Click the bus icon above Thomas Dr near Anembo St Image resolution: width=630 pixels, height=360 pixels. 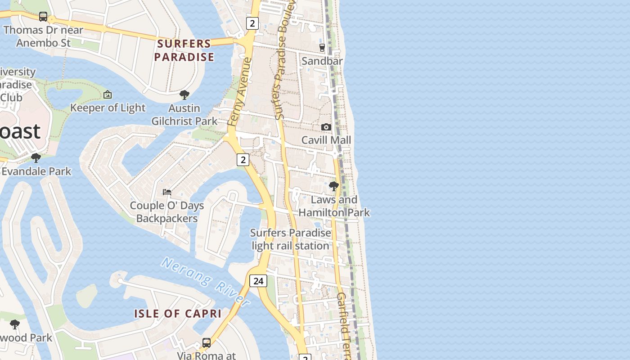43,17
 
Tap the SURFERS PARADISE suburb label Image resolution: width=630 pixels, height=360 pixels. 184,50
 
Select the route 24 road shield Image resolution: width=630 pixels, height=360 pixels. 258,281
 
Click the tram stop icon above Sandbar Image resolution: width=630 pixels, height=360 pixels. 322,47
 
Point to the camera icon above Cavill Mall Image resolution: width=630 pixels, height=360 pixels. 326,127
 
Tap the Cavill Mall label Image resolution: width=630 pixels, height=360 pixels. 326,140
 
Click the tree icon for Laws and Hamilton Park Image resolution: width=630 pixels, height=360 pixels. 334,186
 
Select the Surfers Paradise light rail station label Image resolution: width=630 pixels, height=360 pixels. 291,239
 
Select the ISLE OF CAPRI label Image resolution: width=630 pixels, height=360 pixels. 178,314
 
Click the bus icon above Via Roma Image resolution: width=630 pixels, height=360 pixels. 207,343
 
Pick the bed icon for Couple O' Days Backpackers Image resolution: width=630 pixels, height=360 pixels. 167,192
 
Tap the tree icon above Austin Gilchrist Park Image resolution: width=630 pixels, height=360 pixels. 184,95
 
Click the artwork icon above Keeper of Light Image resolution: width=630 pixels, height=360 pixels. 107,94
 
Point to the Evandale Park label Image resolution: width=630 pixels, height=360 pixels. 36,171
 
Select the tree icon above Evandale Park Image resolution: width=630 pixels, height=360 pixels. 36,158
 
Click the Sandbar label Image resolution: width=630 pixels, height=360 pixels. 322,61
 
